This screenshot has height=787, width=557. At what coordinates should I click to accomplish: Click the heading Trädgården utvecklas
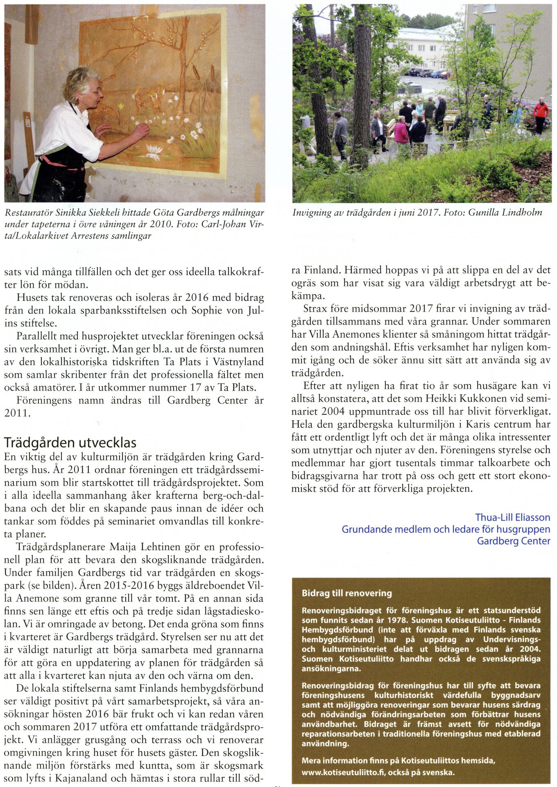tap(70, 443)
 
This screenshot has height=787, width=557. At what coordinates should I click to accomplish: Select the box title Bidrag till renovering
tap(346, 593)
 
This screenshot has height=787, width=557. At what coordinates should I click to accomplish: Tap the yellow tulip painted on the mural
tap(121, 107)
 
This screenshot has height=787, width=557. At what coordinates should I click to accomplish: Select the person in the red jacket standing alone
tap(541, 114)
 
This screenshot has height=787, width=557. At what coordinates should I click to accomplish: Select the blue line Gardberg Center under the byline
tap(513, 541)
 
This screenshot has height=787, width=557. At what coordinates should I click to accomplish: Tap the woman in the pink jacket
tap(401, 131)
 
